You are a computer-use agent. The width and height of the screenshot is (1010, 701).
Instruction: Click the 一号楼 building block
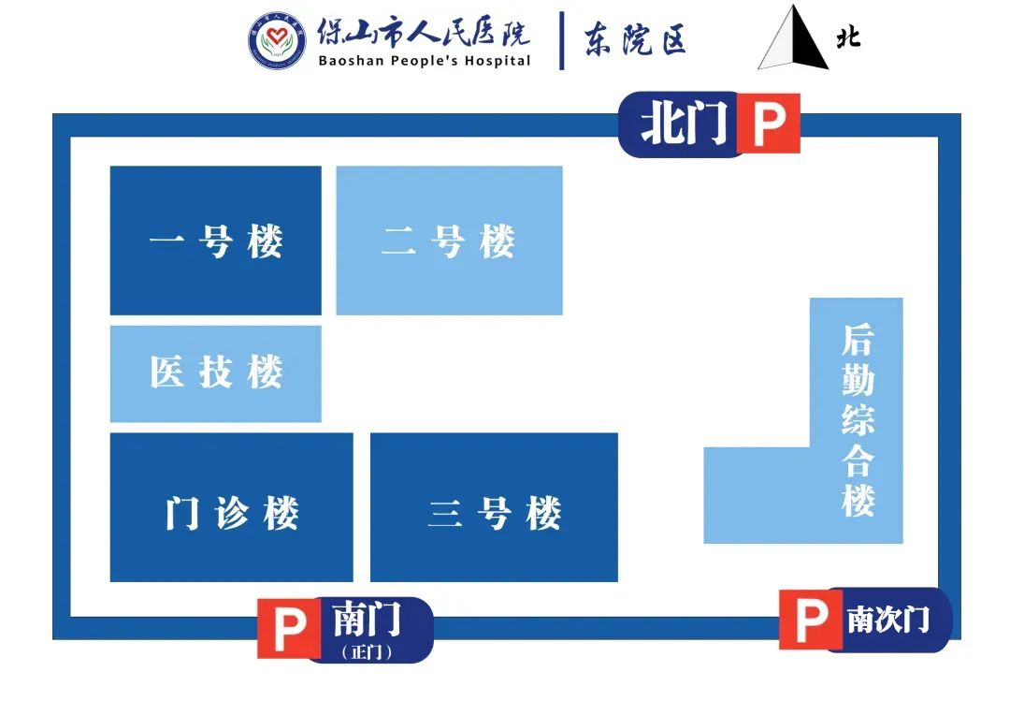(215, 241)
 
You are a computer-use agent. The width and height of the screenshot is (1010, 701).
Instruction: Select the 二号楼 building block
(449, 241)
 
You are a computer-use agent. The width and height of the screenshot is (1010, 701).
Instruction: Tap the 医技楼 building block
(215, 373)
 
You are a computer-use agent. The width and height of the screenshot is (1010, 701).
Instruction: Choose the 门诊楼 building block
(231, 507)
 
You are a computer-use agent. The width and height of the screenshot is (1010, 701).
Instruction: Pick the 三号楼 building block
(494, 507)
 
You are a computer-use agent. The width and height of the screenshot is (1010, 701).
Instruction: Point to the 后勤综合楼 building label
(857, 420)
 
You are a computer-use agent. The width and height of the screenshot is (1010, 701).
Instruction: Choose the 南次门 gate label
(887, 619)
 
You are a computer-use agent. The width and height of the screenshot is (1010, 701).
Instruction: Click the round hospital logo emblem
(277, 41)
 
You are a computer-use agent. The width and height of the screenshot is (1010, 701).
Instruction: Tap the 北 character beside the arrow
(848, 37)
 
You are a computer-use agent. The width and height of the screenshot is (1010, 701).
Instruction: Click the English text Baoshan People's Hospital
(424, 61)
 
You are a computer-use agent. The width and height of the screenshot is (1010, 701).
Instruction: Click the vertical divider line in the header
(562, 40)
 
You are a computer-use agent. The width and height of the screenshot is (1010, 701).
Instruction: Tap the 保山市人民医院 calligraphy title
(424, 32)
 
